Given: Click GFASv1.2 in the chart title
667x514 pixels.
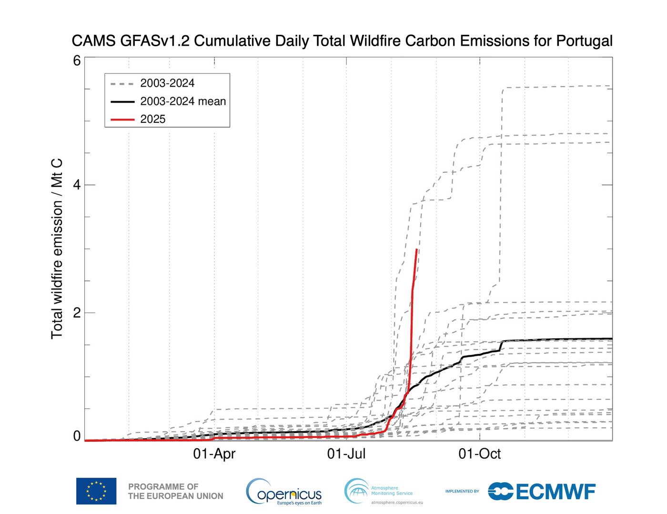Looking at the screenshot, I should click(154, 41).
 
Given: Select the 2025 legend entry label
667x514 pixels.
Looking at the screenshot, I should click(153, 119).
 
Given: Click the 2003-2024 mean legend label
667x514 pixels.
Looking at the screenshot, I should click(183, 101).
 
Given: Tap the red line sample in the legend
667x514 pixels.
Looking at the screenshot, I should click(122, 119).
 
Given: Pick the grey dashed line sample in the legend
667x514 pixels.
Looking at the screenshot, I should click(122, 83).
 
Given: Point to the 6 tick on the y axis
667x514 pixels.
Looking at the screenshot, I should click(77, 60).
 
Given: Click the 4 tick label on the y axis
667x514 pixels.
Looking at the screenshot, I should click(77, 185).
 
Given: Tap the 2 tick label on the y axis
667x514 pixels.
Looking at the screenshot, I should click(77, 313).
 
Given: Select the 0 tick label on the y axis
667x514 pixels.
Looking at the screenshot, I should click(77, 436).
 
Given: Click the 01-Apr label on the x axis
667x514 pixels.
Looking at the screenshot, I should click(214, 454).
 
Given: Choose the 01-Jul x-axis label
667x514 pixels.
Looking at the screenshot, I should click(346, 454).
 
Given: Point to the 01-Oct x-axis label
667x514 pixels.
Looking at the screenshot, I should click(479, 454).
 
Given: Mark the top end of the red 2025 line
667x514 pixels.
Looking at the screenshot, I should click(417, 250).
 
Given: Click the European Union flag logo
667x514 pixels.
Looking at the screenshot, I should click(96, 491).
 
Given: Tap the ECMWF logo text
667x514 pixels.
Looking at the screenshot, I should click(555, 492).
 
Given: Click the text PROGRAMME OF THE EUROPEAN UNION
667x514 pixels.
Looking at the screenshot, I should click(175, 491).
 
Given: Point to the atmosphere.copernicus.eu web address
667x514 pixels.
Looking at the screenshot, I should click(396, 503).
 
